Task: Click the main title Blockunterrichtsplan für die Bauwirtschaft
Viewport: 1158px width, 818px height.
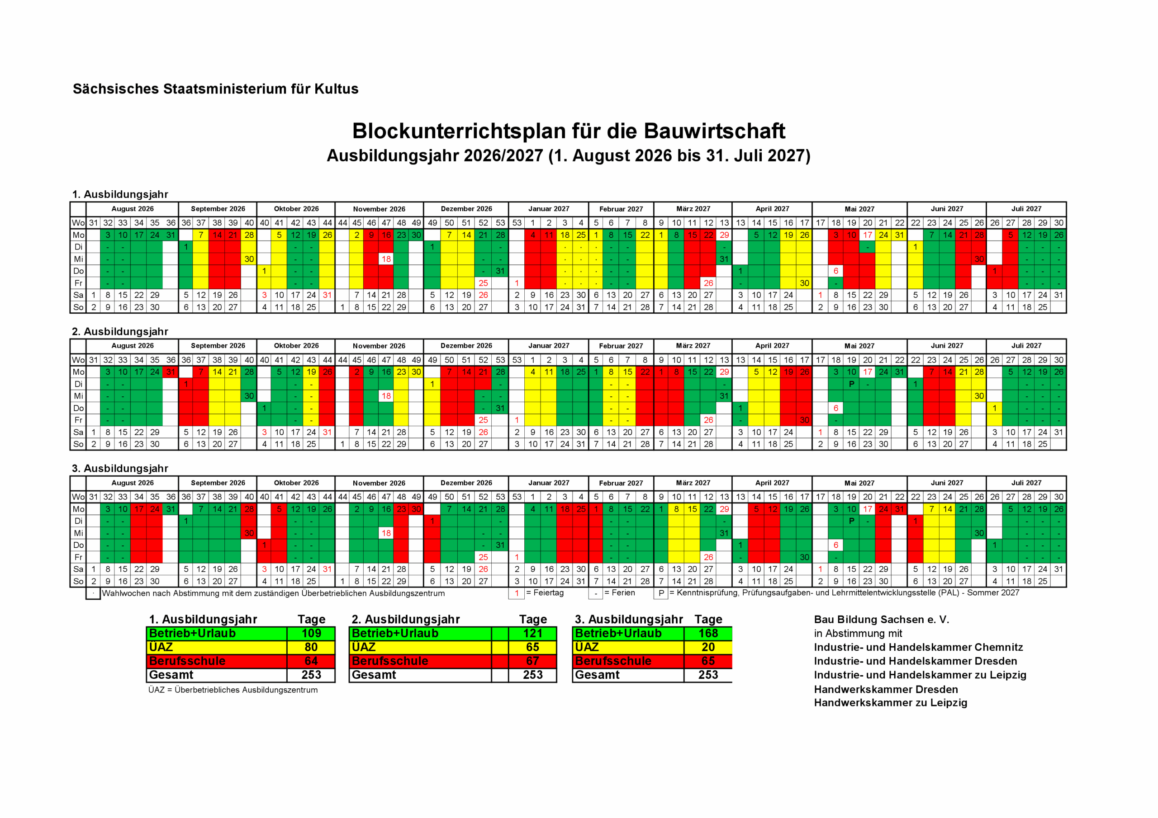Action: coord(569,131)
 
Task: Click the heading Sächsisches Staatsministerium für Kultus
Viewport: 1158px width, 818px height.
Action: coord(215,89)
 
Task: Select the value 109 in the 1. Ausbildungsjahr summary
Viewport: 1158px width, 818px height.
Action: coord(311,634)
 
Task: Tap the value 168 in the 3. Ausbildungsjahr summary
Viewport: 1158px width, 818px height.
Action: coord(707,634)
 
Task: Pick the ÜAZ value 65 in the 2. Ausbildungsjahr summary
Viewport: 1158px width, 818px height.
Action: coord(532,647)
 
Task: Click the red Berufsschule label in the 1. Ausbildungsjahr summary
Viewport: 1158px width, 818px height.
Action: coord(187,661)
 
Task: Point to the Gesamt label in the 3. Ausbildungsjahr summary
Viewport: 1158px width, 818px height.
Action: coord(597,675)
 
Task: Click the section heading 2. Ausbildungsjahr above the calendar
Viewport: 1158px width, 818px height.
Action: coord(120,332)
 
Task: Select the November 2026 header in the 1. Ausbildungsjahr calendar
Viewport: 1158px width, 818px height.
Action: coord(379,209)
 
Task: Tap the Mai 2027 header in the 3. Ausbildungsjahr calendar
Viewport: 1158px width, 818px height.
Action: coord(859,483)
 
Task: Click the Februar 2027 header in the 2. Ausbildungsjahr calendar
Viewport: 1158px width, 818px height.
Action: coord(621,346)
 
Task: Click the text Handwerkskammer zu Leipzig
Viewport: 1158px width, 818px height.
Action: coord(890,703)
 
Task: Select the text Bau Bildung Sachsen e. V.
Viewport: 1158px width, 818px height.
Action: coord(881,620)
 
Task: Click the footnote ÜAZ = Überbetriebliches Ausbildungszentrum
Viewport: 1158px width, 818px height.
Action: coord(233,690)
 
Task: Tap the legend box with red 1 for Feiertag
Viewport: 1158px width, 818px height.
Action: coord(517,594)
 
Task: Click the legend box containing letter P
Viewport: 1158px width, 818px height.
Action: coord(661,594)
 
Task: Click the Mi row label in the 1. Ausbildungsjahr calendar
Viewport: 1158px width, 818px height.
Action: coord(78,259)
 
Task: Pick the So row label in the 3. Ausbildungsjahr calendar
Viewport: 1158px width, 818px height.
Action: coord(78,581)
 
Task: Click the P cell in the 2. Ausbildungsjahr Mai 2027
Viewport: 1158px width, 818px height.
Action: coord(851,384)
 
